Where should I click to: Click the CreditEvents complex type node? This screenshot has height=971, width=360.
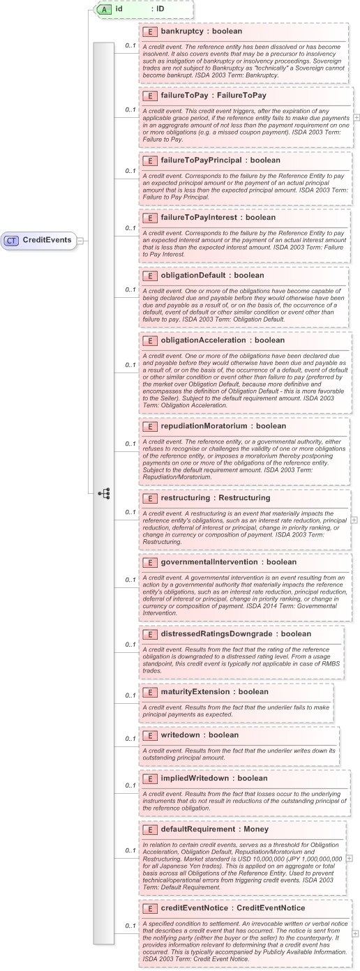(40, 240)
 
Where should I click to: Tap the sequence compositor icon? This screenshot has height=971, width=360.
(104, 493)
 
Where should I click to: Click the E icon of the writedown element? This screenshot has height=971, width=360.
(149, 735)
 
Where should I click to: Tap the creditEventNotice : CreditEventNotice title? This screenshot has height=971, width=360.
(223, 908)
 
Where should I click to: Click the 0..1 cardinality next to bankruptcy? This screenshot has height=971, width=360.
(130, 46)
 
